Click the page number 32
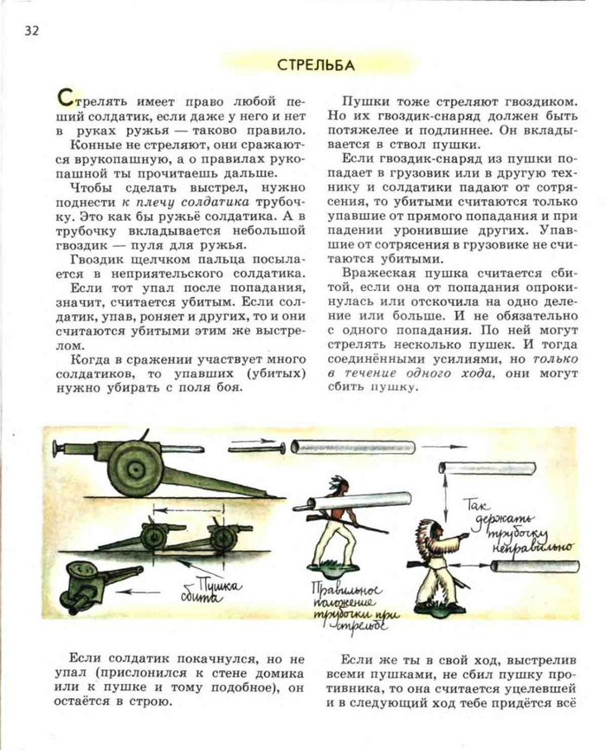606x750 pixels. [x=31, y=31]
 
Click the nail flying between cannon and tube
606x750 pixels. [x=256, y=448]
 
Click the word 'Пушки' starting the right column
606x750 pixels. [x=363, y=100]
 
